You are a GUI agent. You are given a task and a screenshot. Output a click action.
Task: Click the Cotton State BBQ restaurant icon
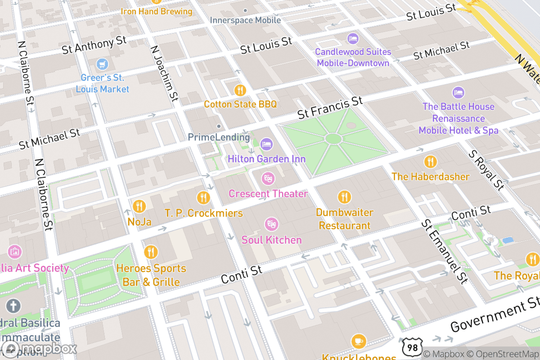pyautogui.click(x=240, y=90)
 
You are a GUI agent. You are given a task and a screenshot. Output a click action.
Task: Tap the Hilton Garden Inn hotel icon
pyautogui.click(x=266, y=144)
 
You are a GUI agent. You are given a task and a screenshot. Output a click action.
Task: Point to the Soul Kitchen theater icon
pyautogui.click(x=271, y=224)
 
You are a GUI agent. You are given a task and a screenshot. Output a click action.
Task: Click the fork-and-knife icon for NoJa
pyautogui.click(x=139, y=206)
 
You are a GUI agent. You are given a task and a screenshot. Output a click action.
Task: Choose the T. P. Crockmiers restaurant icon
pyautogui.click(x=203, y=197)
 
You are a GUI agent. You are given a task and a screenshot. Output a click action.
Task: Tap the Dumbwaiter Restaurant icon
pyautogui.click(x=344, y=197)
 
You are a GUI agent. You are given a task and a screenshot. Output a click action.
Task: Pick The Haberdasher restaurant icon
pyautogui.click(x=430, y=162)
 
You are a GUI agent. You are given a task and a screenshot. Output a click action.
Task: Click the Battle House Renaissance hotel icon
pyautogui.click(x=458, y=93)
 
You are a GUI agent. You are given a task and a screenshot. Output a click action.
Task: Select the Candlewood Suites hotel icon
pyautogui.click(x=352, y=38)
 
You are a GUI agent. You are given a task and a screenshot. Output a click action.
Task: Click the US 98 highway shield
pyautogui.click(x=413, y=346)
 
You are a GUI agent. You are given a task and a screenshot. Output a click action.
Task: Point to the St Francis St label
pyautogui.click(x=330, y=108)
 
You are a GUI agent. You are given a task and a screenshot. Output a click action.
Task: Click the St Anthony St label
pyautogui.click(x=94, y=45)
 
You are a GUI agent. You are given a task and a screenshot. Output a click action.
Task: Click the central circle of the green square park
pyautogui.click(x=333, y=138)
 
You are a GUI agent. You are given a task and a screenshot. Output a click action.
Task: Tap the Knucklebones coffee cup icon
pyautogui.click(x=358, y=341)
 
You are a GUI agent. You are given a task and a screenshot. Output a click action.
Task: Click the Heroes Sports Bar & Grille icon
pyautogui.click(x=151, y=252)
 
